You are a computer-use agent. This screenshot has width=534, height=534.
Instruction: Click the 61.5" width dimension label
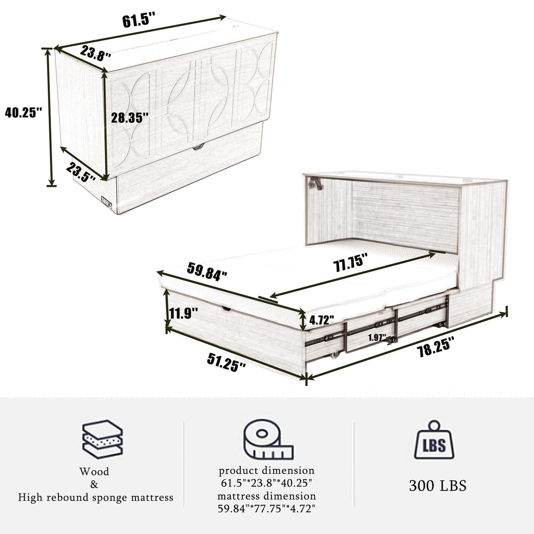tap(139, 20)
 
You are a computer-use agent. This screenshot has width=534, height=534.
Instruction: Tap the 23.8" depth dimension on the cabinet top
tap(95, 53)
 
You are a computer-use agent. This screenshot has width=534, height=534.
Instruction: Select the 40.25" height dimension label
tap(23, 113)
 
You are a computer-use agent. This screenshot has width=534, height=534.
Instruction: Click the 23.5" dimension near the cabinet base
tap(82, 172)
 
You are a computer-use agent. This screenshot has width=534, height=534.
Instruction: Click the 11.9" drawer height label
tap(183, 314)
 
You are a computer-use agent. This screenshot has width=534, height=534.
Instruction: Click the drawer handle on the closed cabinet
tap(199, 146)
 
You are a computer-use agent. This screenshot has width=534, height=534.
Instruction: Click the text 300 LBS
tap(437, 486)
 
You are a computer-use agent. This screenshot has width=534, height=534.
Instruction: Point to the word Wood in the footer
tap(94, 472)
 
